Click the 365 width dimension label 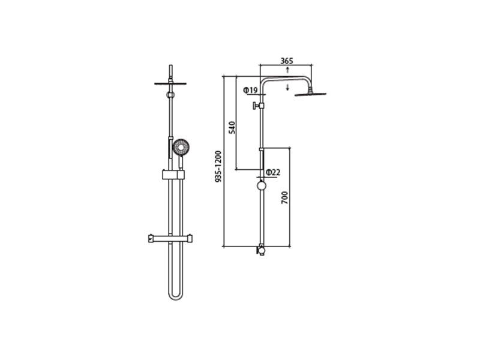point(287,61)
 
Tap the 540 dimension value point(233,127)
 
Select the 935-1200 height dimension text point(218,167)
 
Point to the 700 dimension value point(284,198)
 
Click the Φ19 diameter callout point(250,91)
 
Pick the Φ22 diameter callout point(273,173)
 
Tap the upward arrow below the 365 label point(287,70)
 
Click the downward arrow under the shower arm point(287,86)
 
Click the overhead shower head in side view point(310,94)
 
